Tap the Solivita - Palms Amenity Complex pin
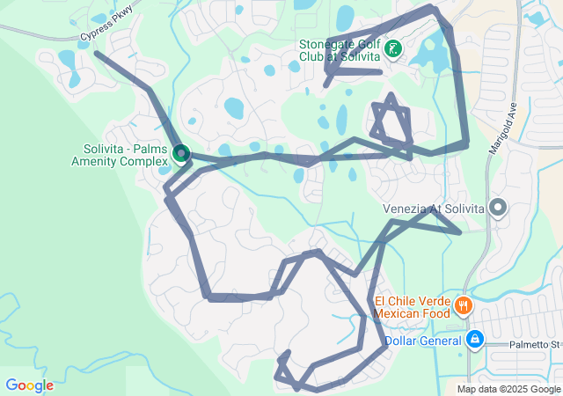point(181,154)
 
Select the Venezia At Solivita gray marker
point(498,209)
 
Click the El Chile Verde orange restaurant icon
point(463,306)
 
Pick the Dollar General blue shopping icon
point(475,339)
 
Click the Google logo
point(29,385)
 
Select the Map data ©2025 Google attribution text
point(508,389)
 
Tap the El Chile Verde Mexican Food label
point(412,306)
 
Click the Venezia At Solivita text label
point(434,209)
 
